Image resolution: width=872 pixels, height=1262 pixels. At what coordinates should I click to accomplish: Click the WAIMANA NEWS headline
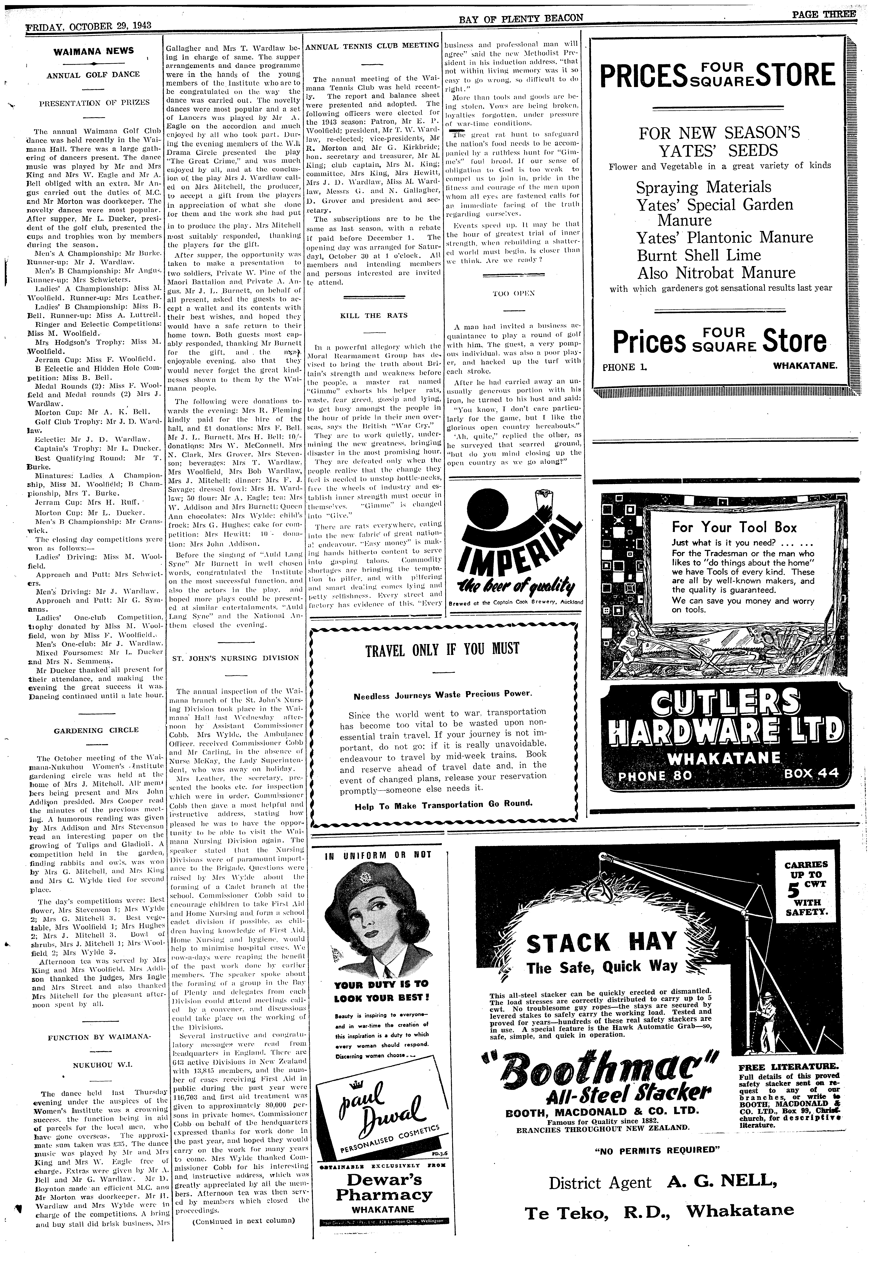(93, 51)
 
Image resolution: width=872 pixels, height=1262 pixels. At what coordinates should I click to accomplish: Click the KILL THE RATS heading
(374, 315)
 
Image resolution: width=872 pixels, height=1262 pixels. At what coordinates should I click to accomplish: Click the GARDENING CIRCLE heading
(96, 730)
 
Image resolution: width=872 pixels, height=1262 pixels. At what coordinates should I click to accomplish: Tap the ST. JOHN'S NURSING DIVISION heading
(235, 658)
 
